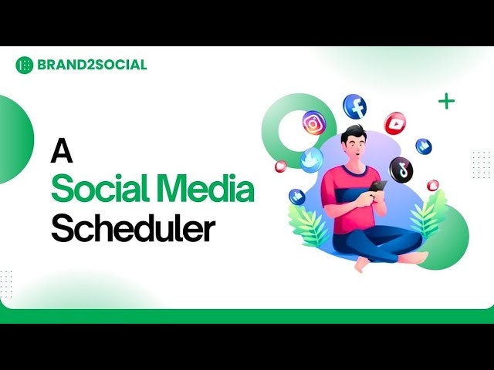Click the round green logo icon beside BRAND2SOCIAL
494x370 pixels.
tap(24, 65)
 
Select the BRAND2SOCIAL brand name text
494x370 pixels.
tap(91, 65)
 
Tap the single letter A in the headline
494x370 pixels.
tap(62, 151)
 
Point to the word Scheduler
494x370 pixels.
tap(134, 229)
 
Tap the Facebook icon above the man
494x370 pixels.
tap(355, 106)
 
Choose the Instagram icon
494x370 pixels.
tap(313, 123)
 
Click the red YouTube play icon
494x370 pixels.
tap(394, 123)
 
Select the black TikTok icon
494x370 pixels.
tap(401, 169)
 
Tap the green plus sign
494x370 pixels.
tap(446, 101)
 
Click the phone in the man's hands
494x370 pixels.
tap(377, 187)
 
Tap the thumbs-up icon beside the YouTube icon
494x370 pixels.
tap(424, 146)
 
